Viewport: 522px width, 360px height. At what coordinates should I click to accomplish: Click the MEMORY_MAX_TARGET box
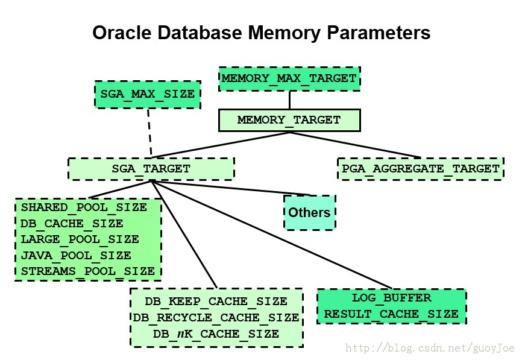pos(289,79)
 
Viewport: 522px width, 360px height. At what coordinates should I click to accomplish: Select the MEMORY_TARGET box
pos(289,120)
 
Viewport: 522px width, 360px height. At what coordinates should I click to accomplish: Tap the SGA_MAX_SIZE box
pos(148,94)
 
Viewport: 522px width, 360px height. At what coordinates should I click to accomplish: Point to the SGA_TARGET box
pos(151,169)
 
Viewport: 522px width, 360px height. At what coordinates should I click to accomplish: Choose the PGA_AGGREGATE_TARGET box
pos(421,169)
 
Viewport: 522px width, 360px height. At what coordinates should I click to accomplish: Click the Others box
pos(310,212)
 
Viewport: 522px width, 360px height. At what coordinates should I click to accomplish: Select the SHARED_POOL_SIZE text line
pos(84,207)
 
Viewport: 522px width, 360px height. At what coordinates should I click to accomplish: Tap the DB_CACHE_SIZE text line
pos(72,223)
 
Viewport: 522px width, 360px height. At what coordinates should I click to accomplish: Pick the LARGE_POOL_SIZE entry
pos(80,239)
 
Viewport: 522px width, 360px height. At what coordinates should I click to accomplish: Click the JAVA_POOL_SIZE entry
pos(76,256)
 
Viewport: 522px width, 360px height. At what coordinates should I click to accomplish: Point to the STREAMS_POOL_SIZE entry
pos(88,271)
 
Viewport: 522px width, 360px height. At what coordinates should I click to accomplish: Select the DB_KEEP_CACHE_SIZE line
pos(216,302)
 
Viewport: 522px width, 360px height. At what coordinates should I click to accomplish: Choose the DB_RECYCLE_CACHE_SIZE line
pos(216,317)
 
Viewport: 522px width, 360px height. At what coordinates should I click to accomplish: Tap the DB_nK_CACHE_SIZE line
pos(216,333)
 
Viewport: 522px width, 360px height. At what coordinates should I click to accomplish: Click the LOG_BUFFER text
pos(392,298)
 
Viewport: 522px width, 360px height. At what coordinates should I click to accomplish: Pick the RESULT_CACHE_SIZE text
pos(392,314)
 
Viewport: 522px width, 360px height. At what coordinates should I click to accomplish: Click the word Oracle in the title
pos(122,33)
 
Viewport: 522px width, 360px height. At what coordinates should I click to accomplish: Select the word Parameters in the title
pos(379,33)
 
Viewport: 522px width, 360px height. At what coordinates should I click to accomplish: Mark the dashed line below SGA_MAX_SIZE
pos(150,133)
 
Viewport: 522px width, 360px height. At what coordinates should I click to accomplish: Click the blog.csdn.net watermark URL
pos(430,349)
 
